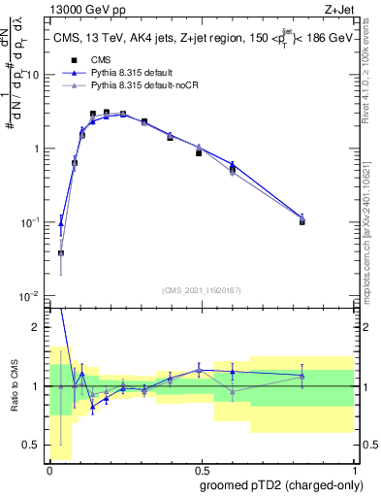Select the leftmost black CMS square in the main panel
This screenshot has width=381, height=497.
pyautogui.click(x=61, y=253)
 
